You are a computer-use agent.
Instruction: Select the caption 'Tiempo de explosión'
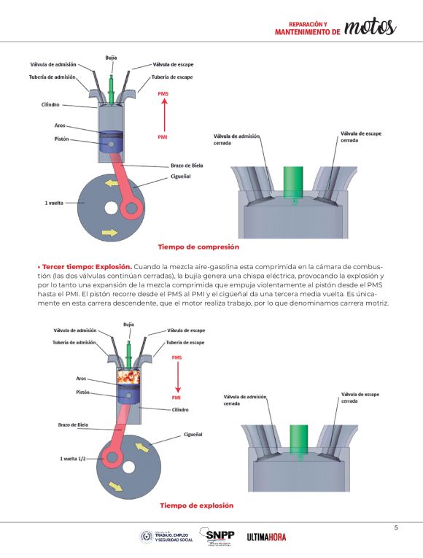(197, 505)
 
